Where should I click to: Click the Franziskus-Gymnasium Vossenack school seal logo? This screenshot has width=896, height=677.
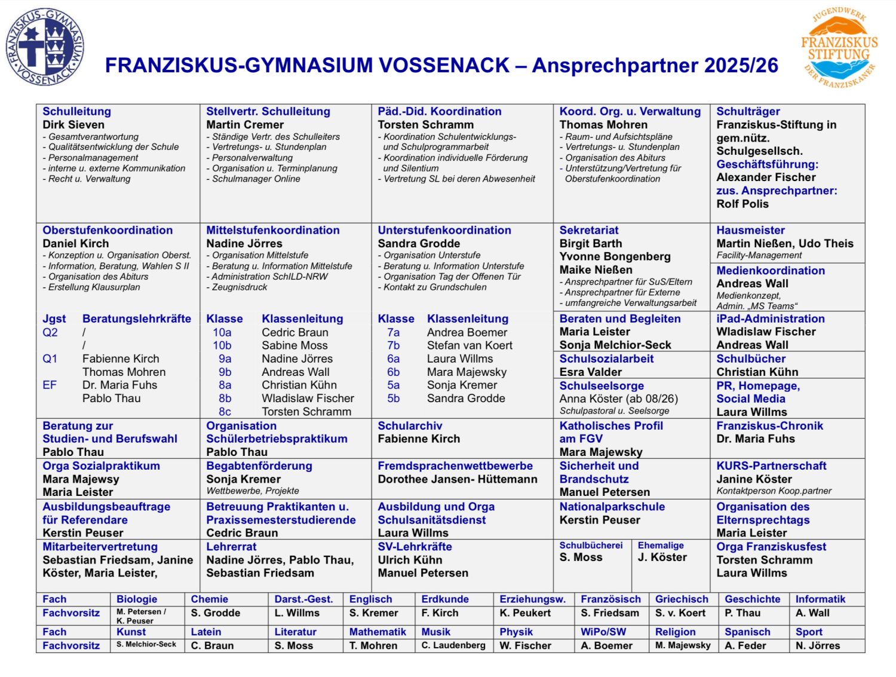tap(45, 47)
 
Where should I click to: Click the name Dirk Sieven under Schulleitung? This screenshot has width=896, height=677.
tap(73, 125)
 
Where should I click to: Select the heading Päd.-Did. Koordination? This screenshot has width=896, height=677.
tap(439, 112)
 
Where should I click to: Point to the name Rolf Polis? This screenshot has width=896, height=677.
tap(742, 204)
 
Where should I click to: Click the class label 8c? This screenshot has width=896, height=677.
tap(225, 412)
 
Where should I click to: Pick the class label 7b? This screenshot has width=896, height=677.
tap(393, 345)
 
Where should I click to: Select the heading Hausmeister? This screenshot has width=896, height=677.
tap(750, 231)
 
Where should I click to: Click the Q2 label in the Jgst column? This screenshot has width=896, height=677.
tap(50, 332)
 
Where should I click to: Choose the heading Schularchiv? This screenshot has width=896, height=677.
tap(410, 426)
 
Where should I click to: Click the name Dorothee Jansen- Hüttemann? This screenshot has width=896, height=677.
tap(457, 479)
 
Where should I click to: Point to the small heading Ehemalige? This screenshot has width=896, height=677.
tap(661, 546)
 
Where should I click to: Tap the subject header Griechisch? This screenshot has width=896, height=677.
tap(682, 599)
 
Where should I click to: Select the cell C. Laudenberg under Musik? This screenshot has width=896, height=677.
tap(453, 645)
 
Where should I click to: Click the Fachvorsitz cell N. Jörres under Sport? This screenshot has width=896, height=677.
tap(817, 645)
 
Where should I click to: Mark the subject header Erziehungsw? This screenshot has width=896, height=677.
tap(532, 599)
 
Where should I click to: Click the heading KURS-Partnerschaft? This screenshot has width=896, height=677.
tap(771, 466)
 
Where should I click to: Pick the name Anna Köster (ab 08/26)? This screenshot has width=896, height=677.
tap(618, 399)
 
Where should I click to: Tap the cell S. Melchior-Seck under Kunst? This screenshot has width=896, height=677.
tap(146, 645)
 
